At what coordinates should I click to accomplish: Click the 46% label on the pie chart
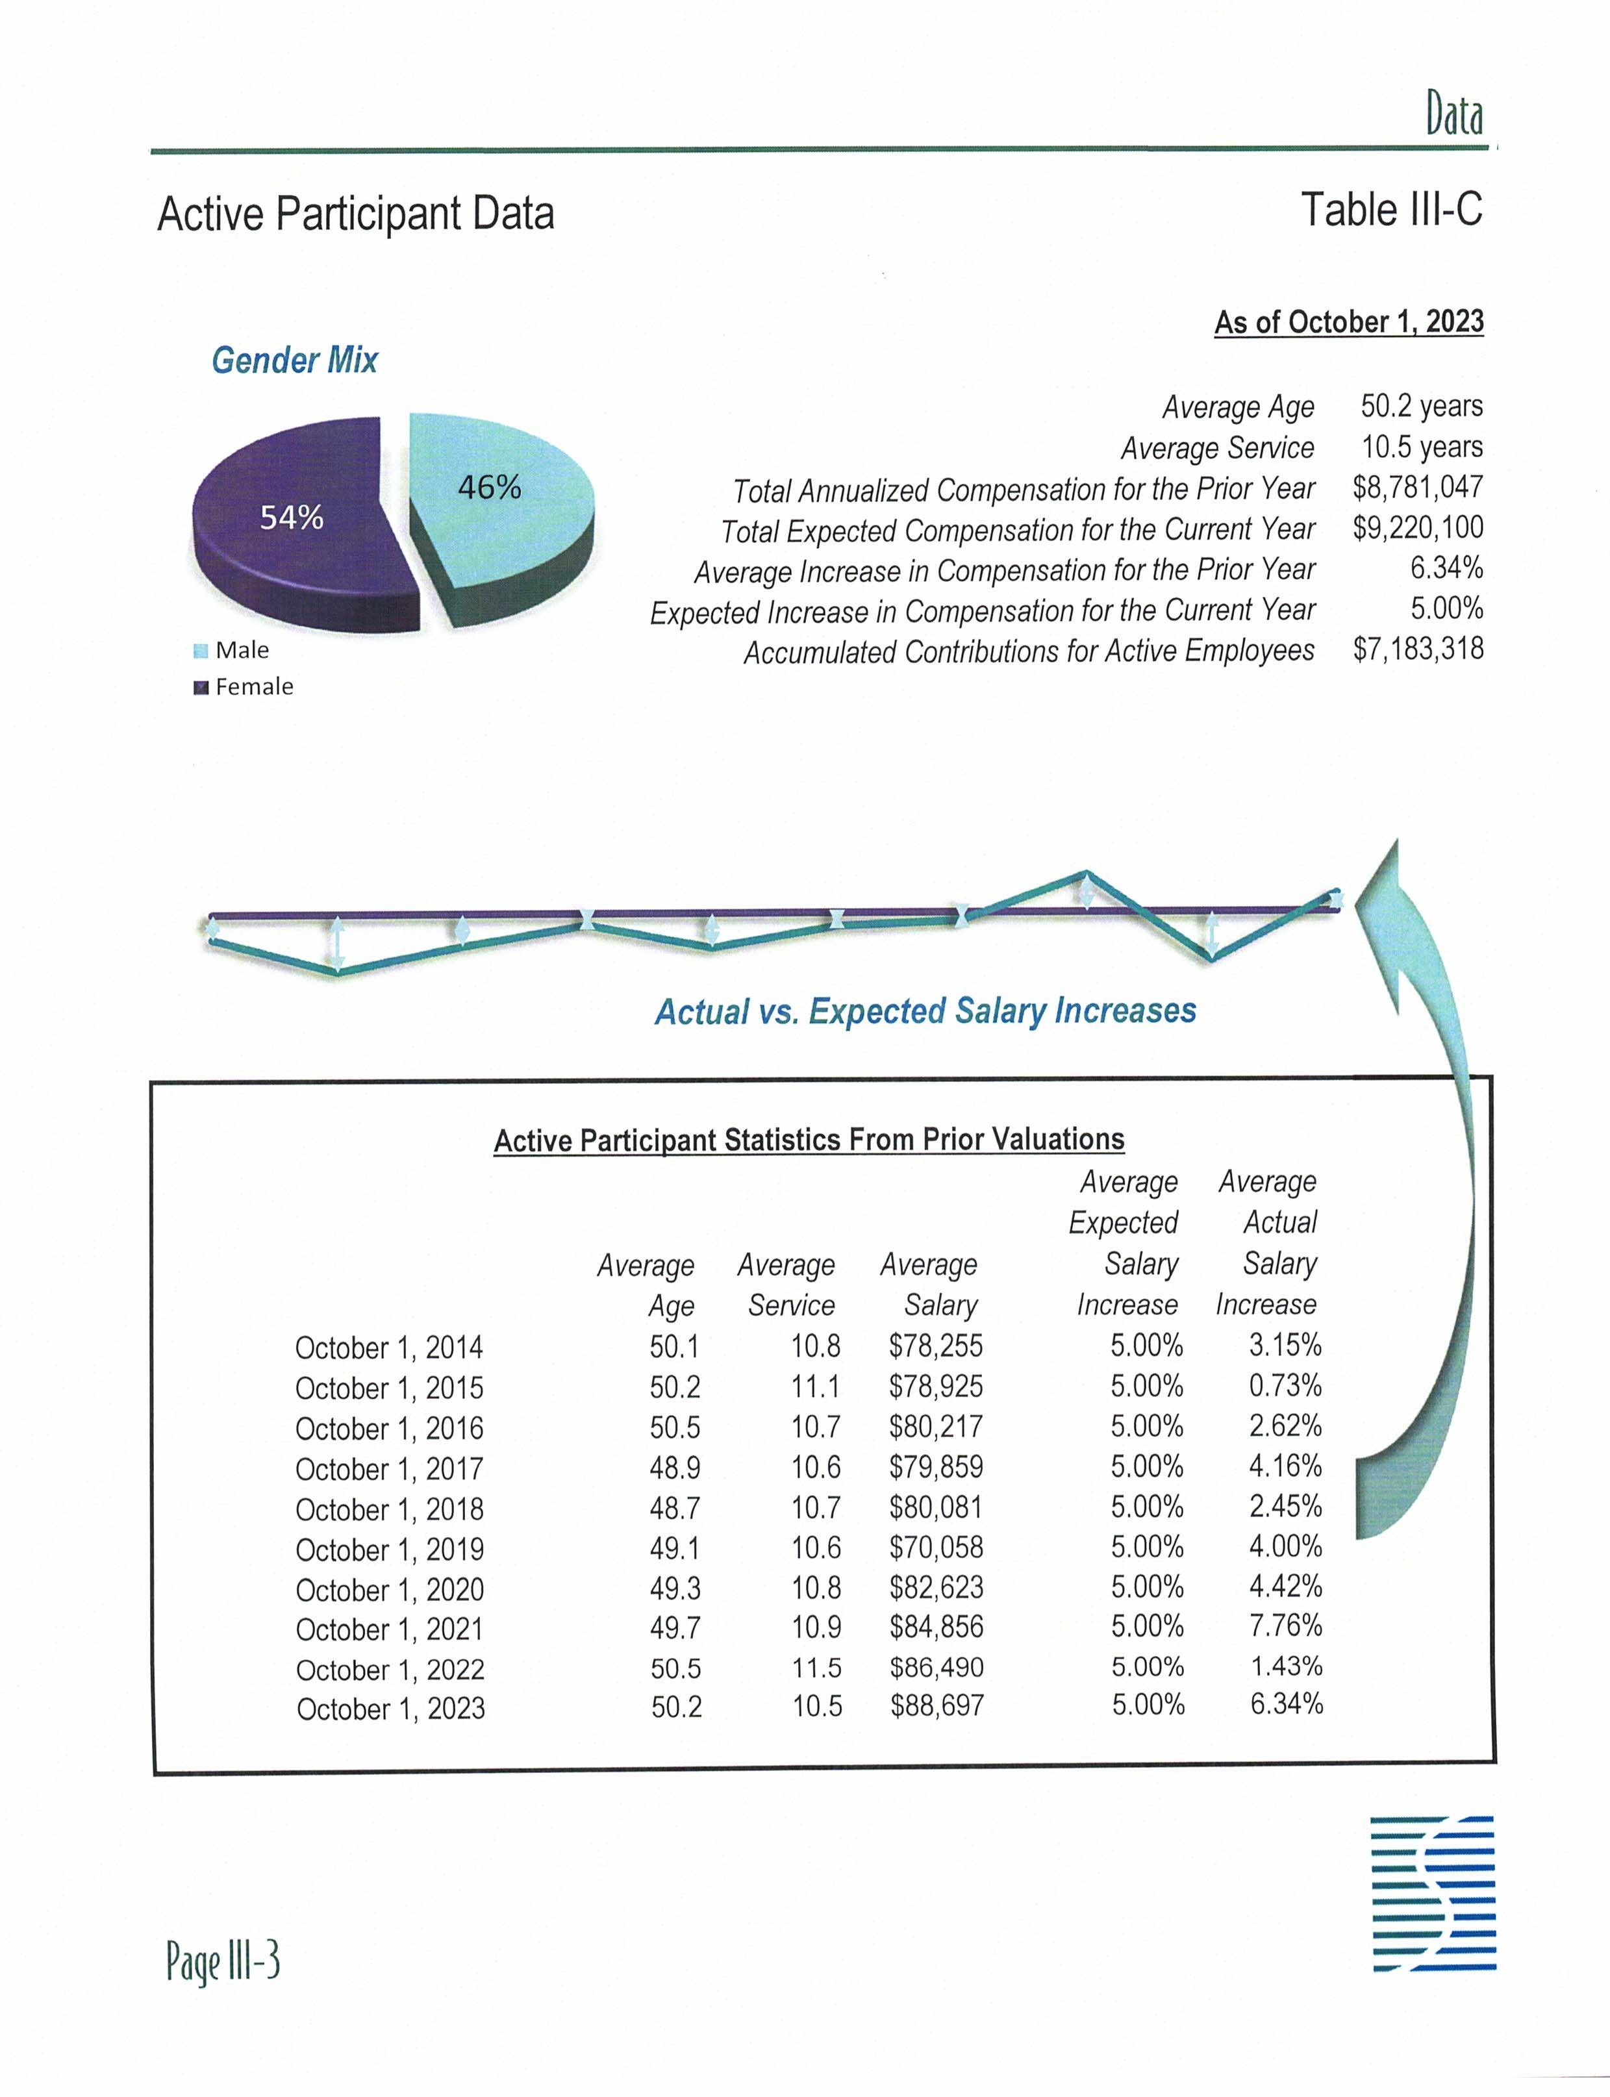489,488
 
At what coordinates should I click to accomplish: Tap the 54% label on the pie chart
292,518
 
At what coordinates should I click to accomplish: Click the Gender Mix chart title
294,360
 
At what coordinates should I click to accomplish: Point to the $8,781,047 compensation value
1417,488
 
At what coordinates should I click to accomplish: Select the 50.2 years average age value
1421,407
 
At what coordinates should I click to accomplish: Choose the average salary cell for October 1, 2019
935,1548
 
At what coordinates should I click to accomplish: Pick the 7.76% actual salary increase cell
1285,1626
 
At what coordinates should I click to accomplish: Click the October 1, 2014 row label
388,1348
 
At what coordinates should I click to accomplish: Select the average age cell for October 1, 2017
675,1467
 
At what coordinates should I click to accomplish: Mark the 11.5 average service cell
816,1668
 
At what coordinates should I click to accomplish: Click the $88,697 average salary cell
937,1706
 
